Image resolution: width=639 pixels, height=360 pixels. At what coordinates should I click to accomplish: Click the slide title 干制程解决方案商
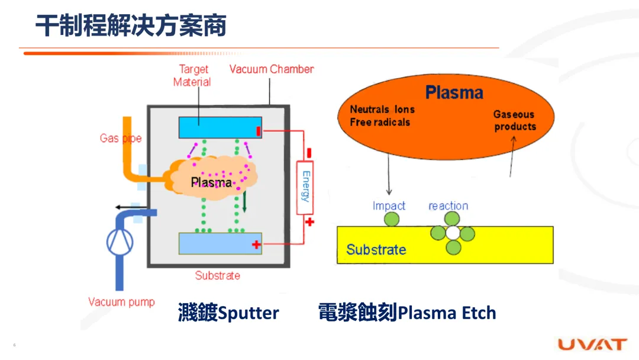click(x=130, y=26)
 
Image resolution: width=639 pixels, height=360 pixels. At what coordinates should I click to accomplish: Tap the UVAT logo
click(x=592, y=345)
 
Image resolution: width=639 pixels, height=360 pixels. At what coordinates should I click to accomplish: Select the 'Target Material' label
click(x=193, y=76)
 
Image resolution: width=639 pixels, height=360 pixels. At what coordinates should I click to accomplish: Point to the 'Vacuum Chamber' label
click(x=272, y=69)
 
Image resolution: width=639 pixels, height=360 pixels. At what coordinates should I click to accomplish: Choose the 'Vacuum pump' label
click(x=121, y=302)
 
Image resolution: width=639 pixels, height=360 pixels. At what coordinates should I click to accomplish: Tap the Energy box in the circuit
click(x=305, y=187)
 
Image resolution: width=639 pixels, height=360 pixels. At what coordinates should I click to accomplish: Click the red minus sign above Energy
click(x=309, y=153)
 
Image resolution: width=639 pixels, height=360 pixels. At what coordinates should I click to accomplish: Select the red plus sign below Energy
click(x=309, y=222)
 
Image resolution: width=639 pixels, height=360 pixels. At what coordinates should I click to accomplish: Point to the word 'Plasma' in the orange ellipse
click(x=454, y=93)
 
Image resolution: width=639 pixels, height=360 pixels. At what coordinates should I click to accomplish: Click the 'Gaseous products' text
click(x=515, y=121)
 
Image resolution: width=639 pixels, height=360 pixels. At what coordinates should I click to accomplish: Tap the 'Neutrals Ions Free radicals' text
click(x=382, y=115)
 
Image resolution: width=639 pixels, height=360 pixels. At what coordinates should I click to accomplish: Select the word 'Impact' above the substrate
click(x=389, y=206)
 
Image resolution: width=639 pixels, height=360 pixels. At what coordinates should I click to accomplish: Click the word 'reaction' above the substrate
click(x=448, y=206)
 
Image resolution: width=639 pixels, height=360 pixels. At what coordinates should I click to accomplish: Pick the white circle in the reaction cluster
click(x=453, y=233)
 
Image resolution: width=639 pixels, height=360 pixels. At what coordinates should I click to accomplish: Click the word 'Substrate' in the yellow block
click(x=376, y=249)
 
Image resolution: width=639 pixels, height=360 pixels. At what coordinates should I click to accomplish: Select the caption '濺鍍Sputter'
click(x=228, y=313)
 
